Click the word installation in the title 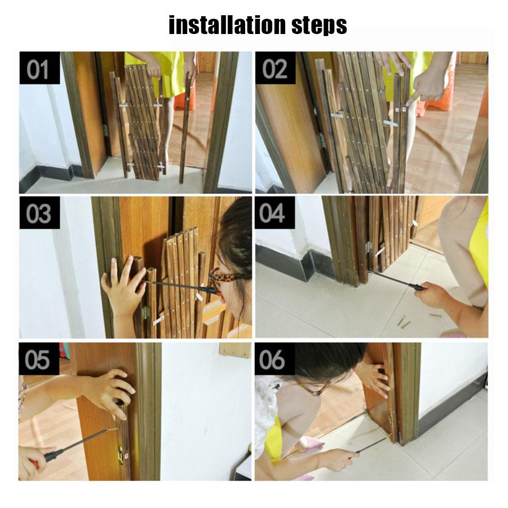(229, 25)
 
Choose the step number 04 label (275, 214)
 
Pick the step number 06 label (275, 359)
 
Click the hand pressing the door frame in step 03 (122, 289)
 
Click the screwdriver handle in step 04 (417, 287)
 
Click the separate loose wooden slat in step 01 (186, 127)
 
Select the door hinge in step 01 (106, 131)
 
